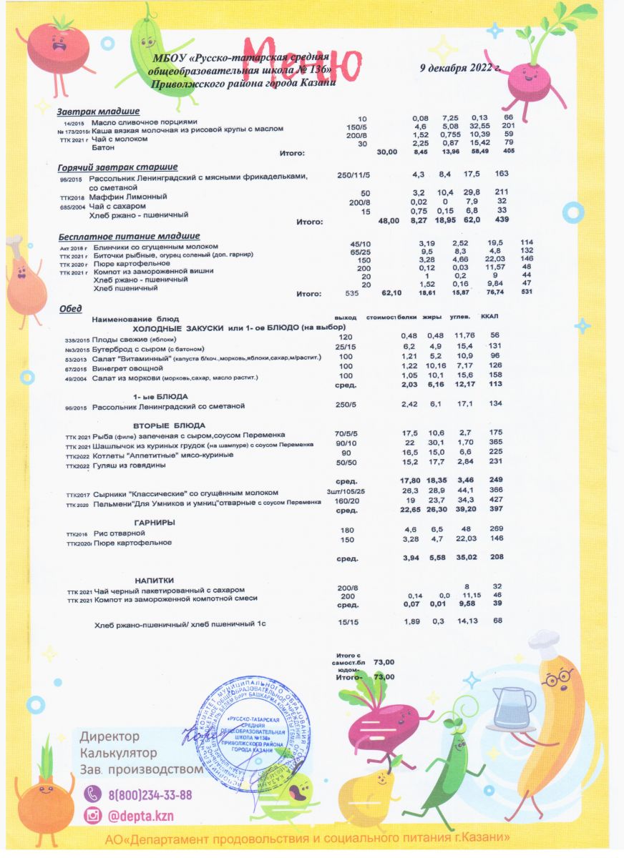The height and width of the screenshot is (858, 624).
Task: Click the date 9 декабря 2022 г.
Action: pyautogui.click(x=460, y=69)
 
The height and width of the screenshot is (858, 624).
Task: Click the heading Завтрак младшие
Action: pyautogui.click(x=98, y=112)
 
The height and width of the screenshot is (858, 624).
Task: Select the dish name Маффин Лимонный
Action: pyautogui.click(x=128, y=195)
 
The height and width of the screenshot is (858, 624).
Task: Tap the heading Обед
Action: pyautogui.click(x=70, y=309)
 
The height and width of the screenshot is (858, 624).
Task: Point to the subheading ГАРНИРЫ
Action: pyautogui.click(x=155, y=523)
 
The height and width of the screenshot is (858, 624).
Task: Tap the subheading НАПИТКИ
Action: pyautogui.click(x=155, y=580)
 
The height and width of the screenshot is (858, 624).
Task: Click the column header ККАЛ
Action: pyautogui.click(x=491, y=317)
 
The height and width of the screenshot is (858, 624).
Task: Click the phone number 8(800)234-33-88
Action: pyautogui.click(x=150, y=794)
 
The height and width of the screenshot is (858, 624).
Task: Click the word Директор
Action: pyautogui.click(x=110, y=736)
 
